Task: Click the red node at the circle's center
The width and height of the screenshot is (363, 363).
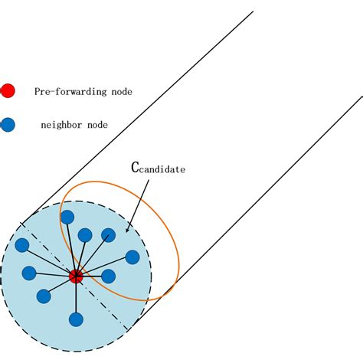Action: pyautogui.click(x=75, y=276)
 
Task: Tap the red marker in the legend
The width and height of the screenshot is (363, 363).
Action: pyautogui.click(x=8, y=91)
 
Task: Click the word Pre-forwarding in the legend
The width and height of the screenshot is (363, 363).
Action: pyautogui.click(x=71, y=92)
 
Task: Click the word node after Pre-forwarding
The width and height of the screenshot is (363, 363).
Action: pyautogui.click(x=121, y=92)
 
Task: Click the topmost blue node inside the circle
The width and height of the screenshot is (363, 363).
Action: pyautogui.click(x=67, y=217)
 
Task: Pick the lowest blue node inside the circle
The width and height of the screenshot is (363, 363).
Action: pyautogui.click(x=75, y=319)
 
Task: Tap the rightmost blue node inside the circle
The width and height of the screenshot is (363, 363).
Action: pyautogui.click(x=132, y=257)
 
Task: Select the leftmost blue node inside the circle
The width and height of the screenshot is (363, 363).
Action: pyautogui.click(x=22, y=244)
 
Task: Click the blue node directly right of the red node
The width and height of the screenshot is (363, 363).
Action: pyautogui.click(x=108, y=276)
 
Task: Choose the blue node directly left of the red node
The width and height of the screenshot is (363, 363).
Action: pyautogui.click(x=29, y=272)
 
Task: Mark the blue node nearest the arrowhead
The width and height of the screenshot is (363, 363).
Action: pyautogui.click(x=109, y=234)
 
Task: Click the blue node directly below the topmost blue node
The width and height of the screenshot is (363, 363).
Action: pyautogui.click(x=85, y=234)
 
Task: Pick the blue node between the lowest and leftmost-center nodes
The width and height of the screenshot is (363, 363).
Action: pyautogui.click(x=44, y=296)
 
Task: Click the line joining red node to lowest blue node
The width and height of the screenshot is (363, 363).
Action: pyautogui.click(x=75, y=299)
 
